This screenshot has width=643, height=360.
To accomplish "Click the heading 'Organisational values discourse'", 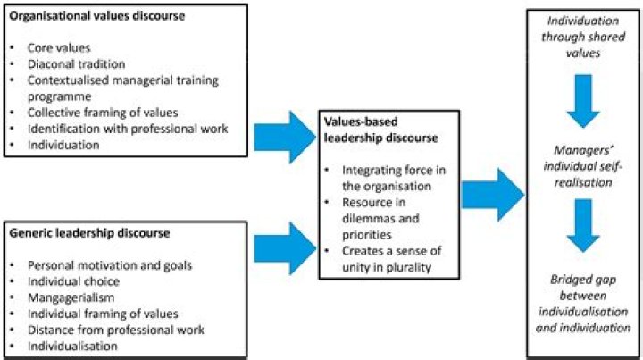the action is tap(96, 16).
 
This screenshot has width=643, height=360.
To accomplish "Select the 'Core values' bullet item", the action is tap(59, 47).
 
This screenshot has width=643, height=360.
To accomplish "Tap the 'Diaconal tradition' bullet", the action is tap(76, 64).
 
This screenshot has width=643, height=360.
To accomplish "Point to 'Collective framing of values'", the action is tap(103, 113).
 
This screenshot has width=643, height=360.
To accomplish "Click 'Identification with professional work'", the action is tap(128, 129).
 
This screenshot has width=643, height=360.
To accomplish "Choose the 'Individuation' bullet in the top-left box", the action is tap(63, 145).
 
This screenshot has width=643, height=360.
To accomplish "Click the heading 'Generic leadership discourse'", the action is tap(89, 233).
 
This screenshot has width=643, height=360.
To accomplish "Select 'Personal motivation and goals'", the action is tap(110, 265).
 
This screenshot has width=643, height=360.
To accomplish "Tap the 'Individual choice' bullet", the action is tap(73, 281).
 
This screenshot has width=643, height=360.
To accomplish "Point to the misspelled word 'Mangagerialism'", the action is tap(71, 297).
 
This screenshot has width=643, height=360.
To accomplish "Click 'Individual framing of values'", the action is tap(103, 314).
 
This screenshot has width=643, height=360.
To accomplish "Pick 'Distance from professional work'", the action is tap(115, 330).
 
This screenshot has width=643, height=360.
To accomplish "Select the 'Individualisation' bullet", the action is tap(72, 346).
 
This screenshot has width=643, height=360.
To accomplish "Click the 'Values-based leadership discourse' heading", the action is tap(381, 130).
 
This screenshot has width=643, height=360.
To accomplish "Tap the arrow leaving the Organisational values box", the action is tap(285, 138).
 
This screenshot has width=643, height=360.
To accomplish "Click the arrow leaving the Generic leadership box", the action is tap(285, 248).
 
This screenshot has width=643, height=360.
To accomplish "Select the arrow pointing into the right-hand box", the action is tap(493, 195).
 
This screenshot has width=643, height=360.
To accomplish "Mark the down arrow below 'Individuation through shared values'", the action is tap(583, 101).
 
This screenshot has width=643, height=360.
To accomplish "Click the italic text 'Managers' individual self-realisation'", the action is tap(583, 166).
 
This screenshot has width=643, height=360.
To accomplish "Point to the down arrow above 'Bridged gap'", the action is tap(583, 225).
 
